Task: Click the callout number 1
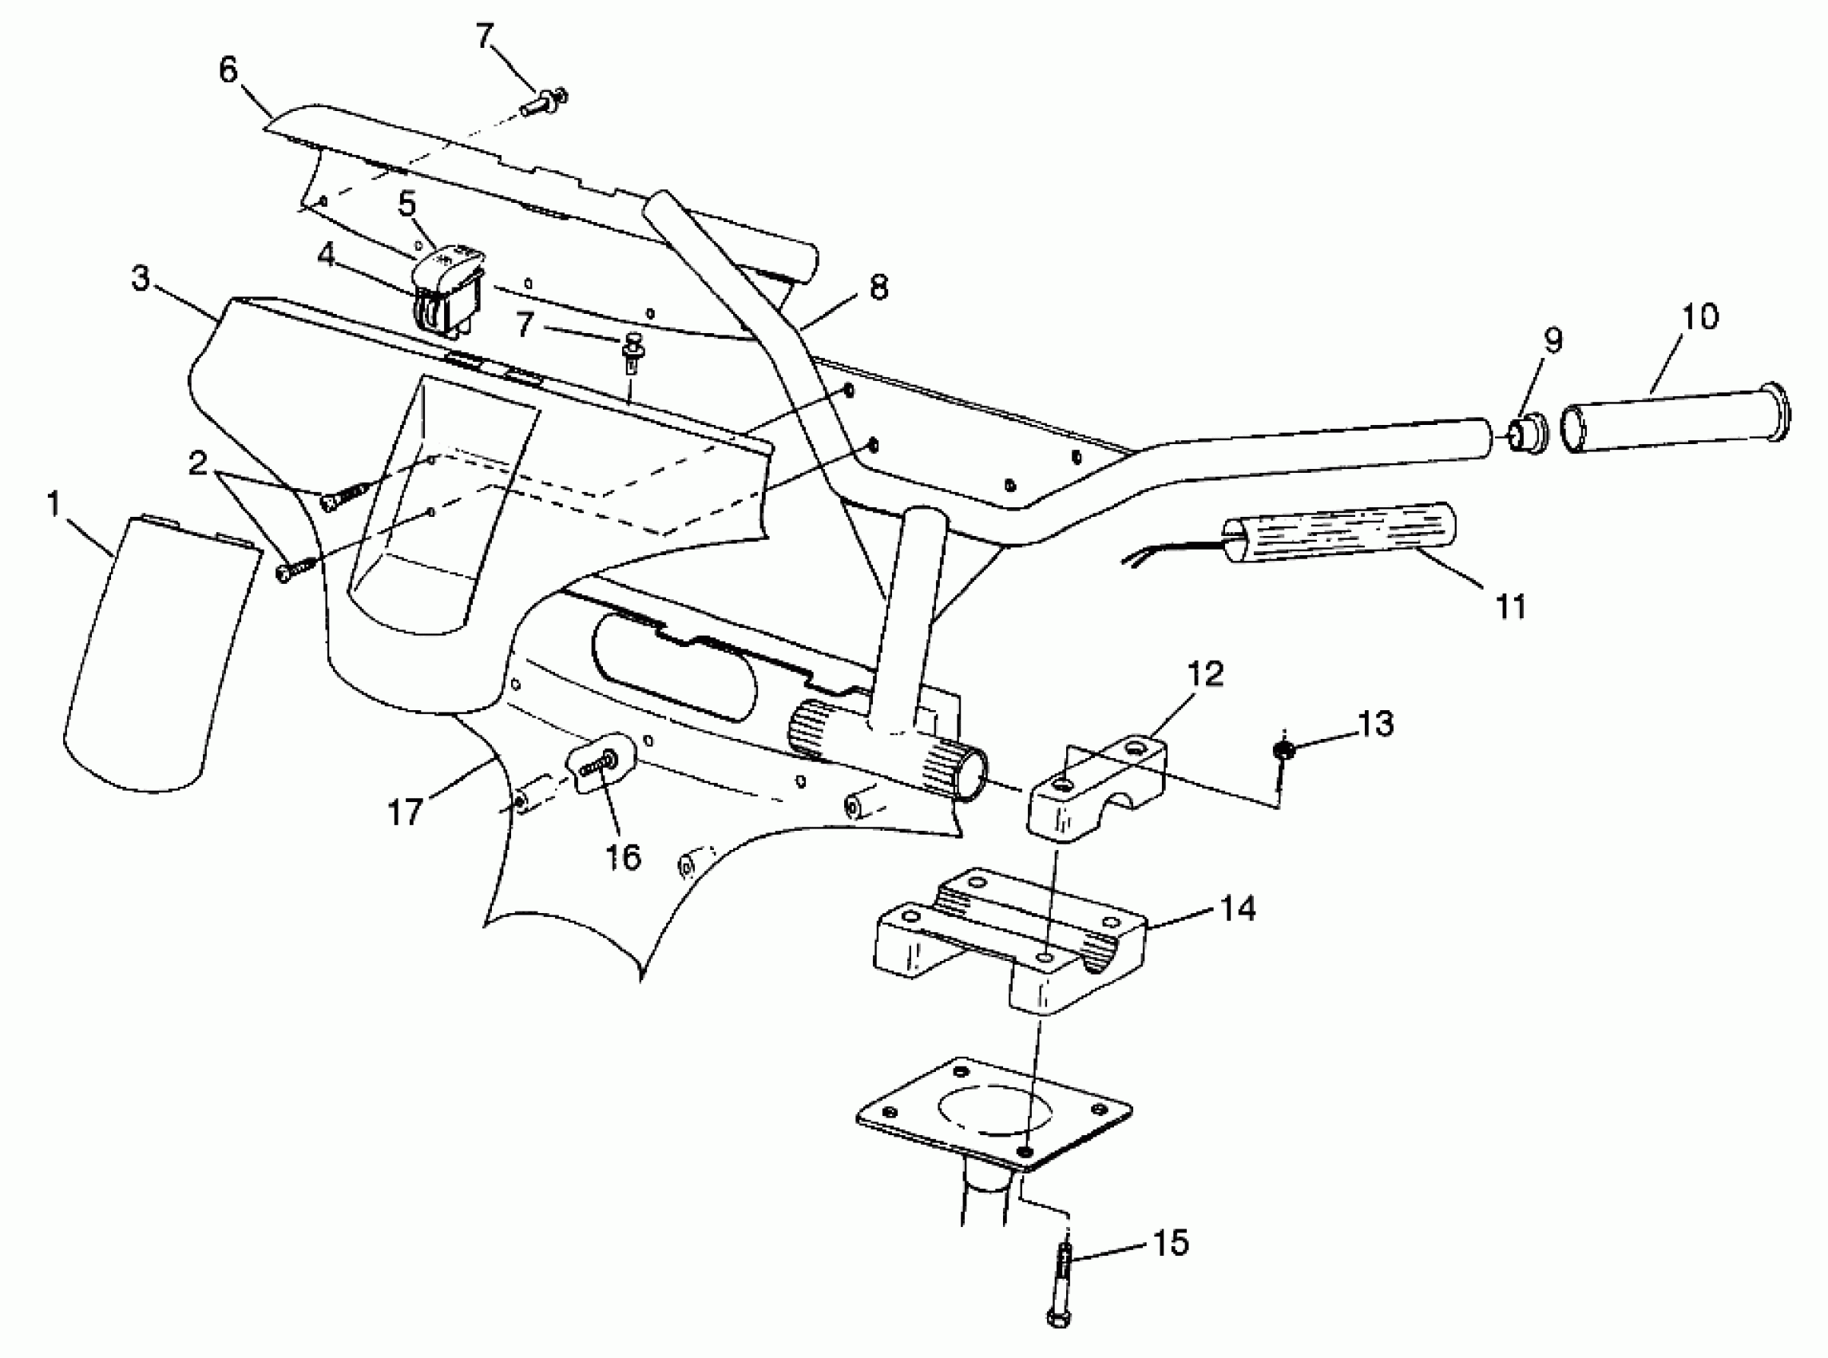(55, 505)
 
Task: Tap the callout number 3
(141, 280)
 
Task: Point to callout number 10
(1699, 317)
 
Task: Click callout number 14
(1238, 909)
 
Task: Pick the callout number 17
(405, 813)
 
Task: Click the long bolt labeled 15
(1060, 1284)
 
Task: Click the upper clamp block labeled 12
(1096, 785)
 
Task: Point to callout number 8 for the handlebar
(878, 288)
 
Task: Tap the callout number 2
(198, 464)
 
